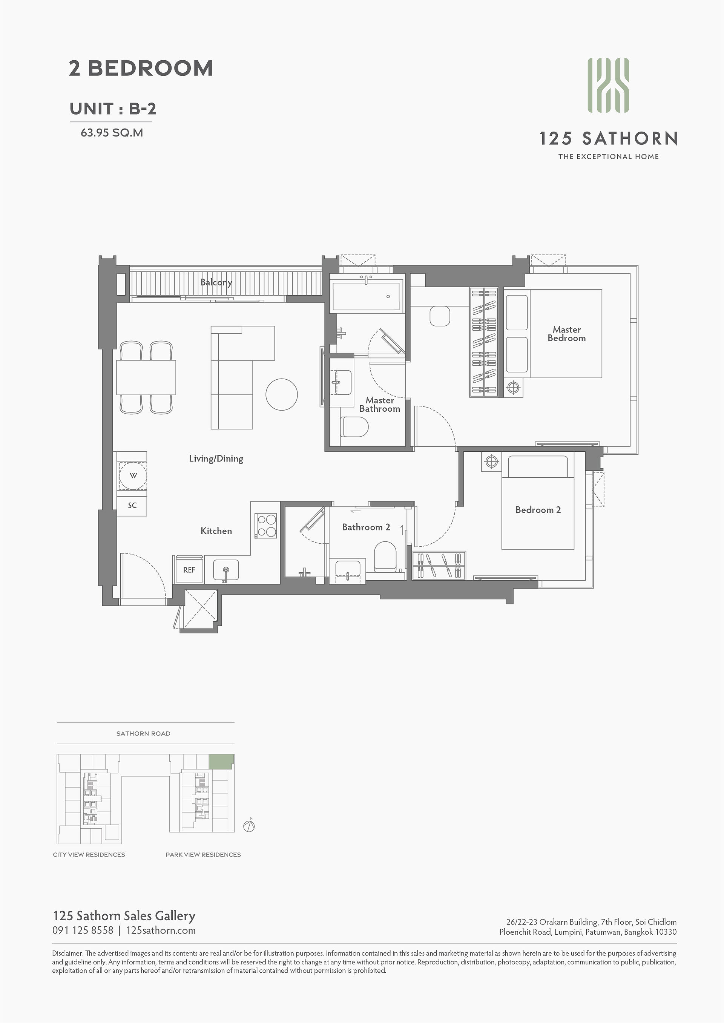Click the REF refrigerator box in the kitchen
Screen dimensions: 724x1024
(x=189, y=570)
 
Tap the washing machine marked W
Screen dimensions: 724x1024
(x=133, y=475)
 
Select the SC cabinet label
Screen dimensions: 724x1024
(x=132, y=505)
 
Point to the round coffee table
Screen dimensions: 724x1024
(x=281, y=394)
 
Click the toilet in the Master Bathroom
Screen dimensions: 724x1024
(x=354, y=427)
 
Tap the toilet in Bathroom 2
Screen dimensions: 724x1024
(x=385, y=556)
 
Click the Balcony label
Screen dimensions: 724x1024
(x=216, y=282)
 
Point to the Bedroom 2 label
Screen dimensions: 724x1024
(x=538, y=510)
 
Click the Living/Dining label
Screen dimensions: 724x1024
(x=216, y=458)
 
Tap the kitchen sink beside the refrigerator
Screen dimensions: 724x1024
(x=226, y=570)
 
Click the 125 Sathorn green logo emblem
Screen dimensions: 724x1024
(x=608, y=85)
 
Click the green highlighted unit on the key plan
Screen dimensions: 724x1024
(x=222, y=761)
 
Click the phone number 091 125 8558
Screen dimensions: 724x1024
(x=83, y=930)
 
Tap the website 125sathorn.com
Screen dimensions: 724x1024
(x=161, y=930)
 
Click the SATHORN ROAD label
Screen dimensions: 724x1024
(x=143, y=733)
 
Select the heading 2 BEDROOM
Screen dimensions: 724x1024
(x=141, y=68)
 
